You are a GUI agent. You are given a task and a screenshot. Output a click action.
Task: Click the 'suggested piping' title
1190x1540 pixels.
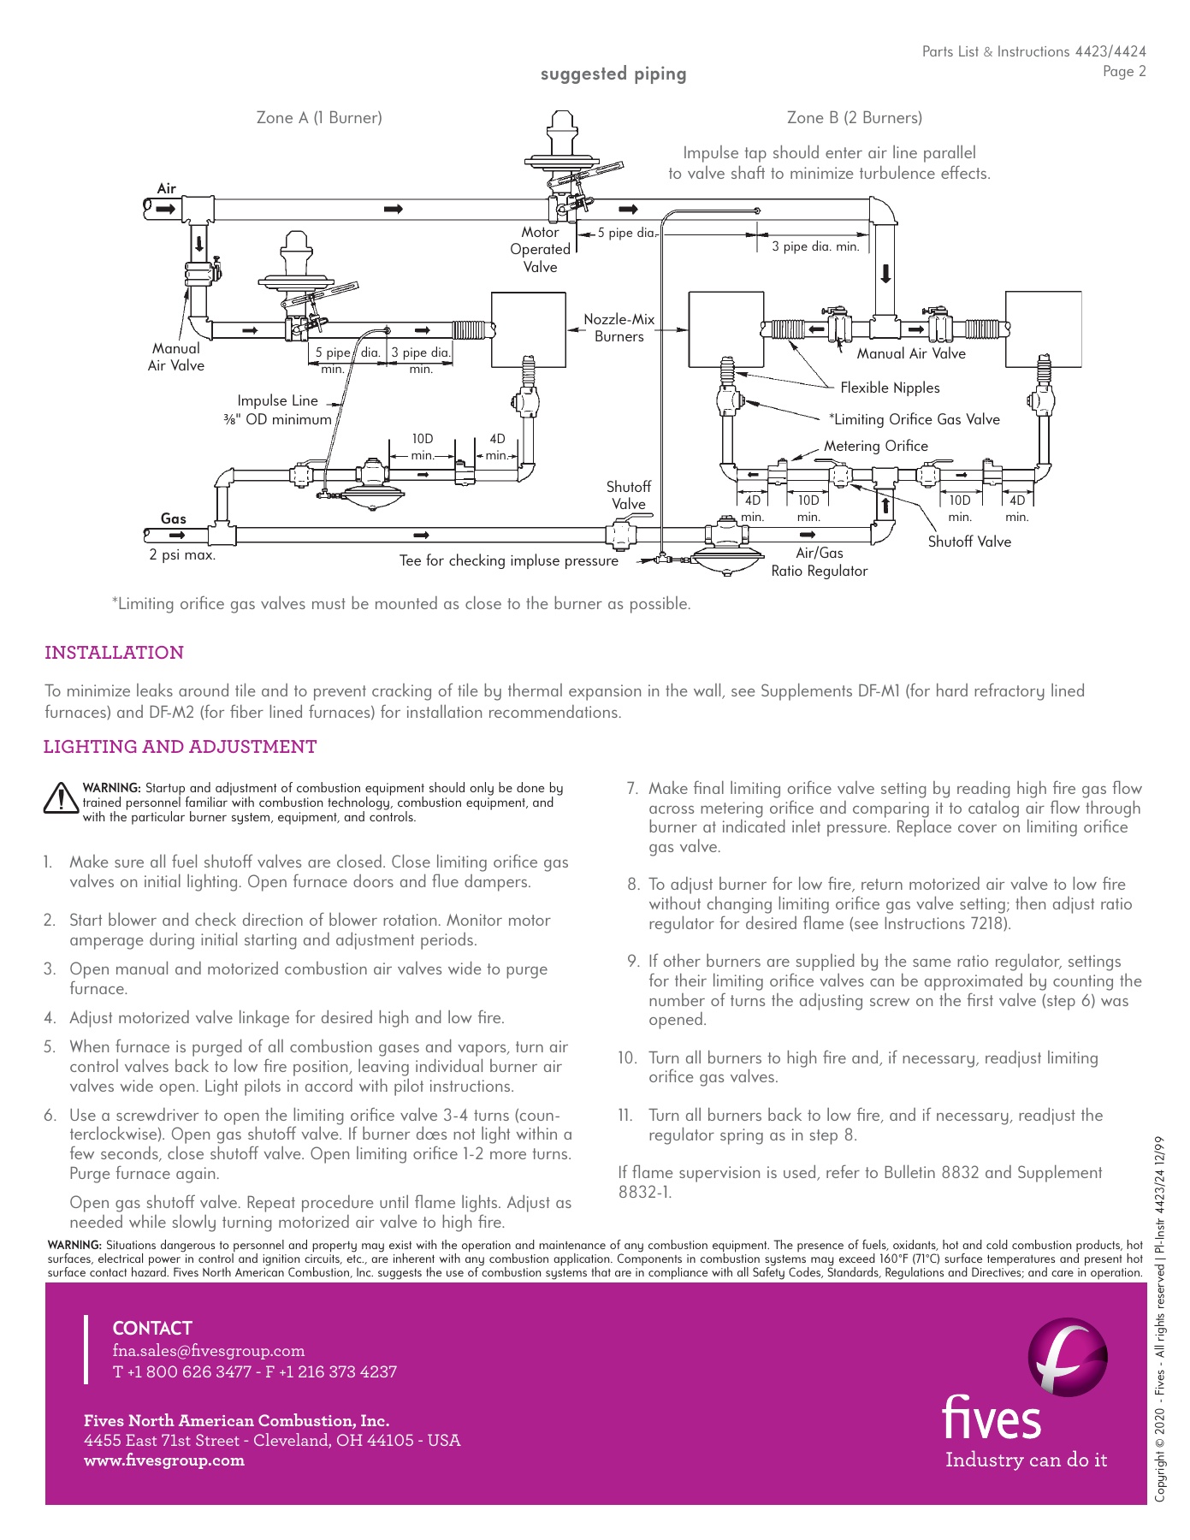tap(613, 74)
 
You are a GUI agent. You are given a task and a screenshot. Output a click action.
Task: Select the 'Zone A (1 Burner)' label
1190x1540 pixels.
tap(319, 118)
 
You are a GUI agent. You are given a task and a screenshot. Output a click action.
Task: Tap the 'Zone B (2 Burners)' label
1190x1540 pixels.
tap(854, 118)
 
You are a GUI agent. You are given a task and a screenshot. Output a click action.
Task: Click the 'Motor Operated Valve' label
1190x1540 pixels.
tap(540, 250)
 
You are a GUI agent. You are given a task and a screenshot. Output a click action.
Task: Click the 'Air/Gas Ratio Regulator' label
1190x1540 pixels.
tap(819, 562)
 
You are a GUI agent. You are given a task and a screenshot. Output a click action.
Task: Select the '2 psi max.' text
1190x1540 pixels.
tap(182, 555)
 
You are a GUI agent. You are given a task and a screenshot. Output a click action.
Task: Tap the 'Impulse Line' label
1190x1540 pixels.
tap(277, 400)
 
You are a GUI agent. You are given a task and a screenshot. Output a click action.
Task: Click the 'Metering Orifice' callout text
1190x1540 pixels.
tap(875, 446)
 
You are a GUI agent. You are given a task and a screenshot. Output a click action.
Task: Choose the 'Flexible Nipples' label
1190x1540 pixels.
tap(890, 388)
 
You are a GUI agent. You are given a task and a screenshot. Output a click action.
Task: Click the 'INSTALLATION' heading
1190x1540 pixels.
tap(114, 653)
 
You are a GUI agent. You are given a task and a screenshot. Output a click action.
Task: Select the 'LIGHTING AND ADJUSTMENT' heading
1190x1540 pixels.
tap(180, 747)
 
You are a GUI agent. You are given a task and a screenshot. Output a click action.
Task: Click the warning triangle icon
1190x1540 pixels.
tap(61, 798)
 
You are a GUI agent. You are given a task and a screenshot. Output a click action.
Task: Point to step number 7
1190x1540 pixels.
tap(633, 789)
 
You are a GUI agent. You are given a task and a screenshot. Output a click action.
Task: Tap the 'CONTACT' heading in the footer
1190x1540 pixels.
tap(152, 1329)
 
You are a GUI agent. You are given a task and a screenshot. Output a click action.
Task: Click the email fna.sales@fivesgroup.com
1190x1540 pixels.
tap(209, 1351)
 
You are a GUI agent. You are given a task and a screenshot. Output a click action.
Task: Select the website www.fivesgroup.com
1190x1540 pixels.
tap(164, 1460)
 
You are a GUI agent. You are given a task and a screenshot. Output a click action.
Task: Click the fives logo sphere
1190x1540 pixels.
tap(1067, 1357)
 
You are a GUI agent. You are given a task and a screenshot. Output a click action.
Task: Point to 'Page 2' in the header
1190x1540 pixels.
tap(1123, 72)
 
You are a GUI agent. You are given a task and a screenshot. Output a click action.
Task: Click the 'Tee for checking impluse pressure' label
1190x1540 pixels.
tap(508, 561)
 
